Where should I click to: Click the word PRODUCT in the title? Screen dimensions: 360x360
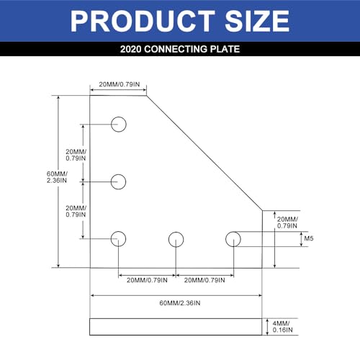(x=138, y=22)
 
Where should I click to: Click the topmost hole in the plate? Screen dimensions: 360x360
(x=119, y=125)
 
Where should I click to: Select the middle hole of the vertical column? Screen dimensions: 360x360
(x=119, y=181)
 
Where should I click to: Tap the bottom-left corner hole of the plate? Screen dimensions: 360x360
(x=119, y=238)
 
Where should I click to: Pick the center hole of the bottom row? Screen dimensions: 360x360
(x=175, y=238)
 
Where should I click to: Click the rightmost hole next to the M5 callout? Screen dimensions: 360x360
(x=233, y=238)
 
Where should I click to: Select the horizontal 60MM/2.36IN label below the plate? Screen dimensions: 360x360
(x=176, y=302)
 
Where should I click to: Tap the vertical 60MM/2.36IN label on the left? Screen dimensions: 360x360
(x=58, y=176)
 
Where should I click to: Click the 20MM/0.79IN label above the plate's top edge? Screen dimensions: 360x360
(x=117, y=84)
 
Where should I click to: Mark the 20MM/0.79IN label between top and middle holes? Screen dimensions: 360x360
(x=75, y=156)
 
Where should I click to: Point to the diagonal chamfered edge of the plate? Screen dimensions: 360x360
(x=204, y=153)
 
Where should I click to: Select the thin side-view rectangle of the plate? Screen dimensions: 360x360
(x=175, y=326)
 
